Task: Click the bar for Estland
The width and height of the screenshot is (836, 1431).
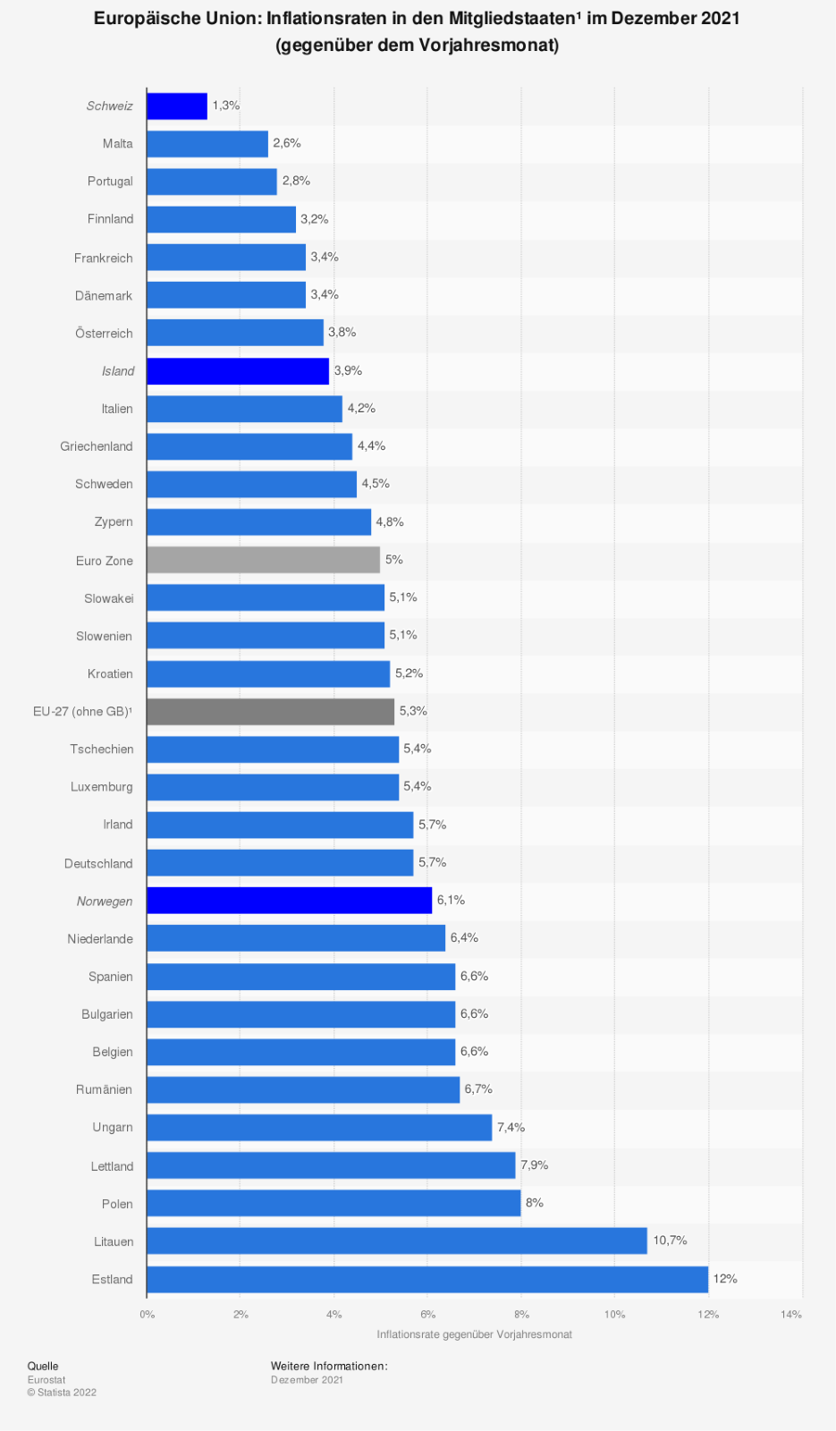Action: [427, 1279]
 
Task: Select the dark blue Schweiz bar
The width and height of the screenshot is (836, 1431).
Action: [177, 106]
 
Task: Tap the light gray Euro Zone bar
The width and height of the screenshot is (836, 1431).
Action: [264, 560]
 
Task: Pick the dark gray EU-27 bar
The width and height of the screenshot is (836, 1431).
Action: [271, 711]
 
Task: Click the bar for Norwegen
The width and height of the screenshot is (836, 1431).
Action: [290, 901]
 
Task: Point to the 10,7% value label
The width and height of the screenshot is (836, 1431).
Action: [670, 1240]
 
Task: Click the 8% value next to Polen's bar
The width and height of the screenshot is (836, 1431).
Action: [535, 1203]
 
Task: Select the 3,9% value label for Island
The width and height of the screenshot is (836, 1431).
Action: [348, 370]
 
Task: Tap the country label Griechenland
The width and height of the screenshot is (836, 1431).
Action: [97, 446]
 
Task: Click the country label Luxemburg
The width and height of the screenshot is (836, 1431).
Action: [102, 787]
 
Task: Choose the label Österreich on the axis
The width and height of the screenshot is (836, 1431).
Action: [104, 334]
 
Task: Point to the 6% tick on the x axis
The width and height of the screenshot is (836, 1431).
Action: [427, 1314]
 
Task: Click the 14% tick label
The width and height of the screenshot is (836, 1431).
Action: [791, 1314]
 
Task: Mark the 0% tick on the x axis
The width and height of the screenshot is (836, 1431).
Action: [148, 1314]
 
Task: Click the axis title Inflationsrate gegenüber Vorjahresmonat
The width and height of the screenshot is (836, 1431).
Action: [474, 1334]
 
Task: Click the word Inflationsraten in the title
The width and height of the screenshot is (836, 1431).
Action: [326, 19]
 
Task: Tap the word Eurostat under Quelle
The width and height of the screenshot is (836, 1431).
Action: [46, 1380]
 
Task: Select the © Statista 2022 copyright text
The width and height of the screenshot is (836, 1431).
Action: [62, 1393]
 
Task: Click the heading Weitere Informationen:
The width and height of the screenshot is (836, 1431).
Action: [329, 1366]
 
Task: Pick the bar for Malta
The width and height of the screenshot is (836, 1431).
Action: [207, 144]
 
